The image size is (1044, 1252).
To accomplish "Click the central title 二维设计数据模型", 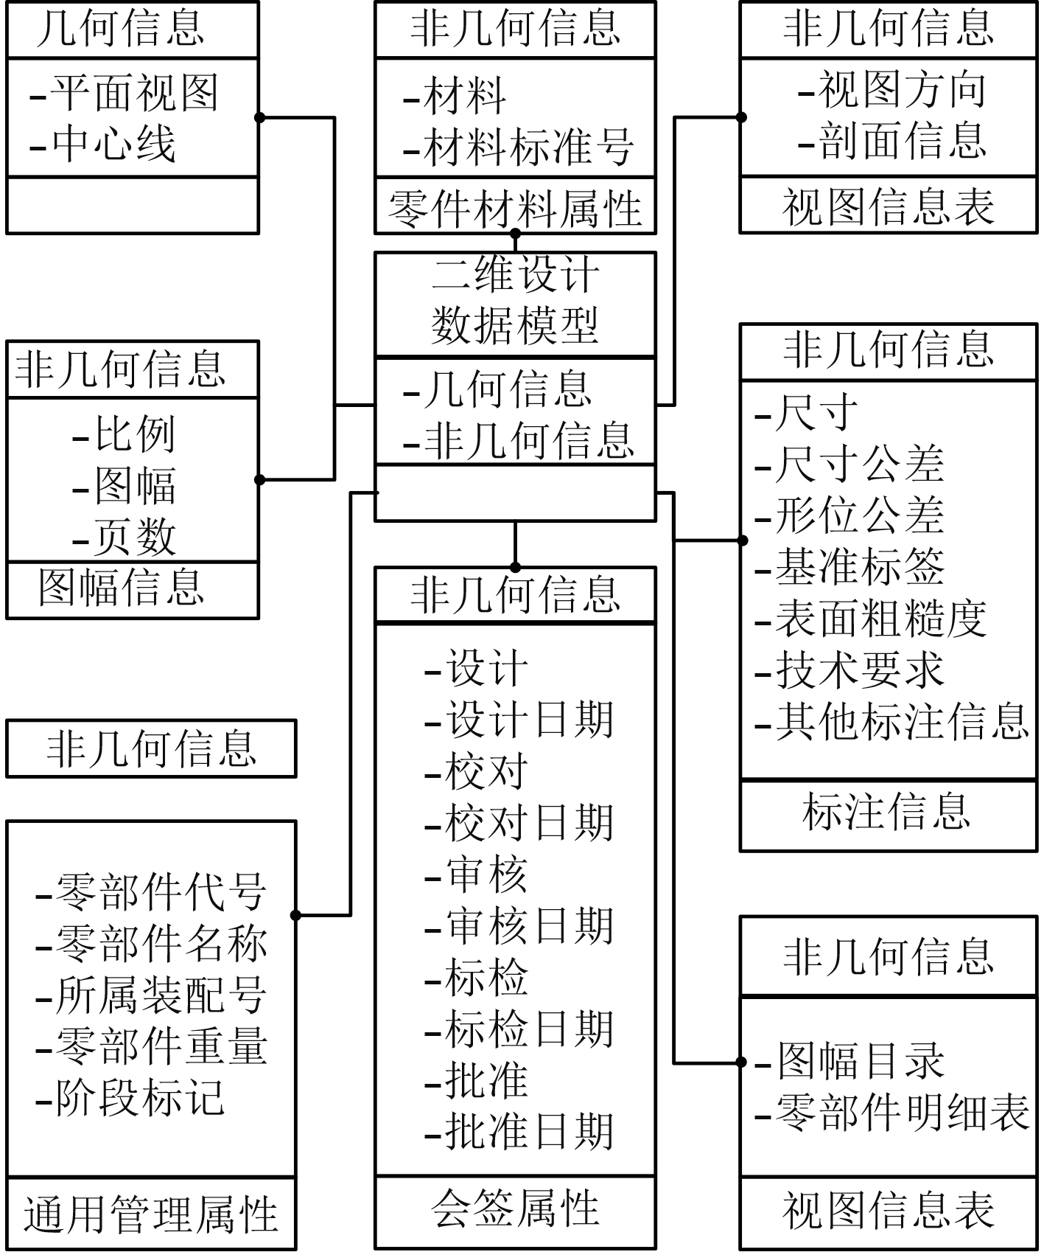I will click(x=514, y=301).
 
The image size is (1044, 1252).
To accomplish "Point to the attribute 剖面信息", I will click(x=901, y=140).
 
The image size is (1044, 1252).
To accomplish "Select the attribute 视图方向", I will click(x=901, y=90).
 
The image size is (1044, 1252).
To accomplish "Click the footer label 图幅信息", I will click(x=122, y=588).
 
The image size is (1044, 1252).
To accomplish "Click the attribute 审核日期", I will click(x=528, y=926).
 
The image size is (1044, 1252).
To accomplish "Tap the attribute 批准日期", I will click(x=528, y=1131).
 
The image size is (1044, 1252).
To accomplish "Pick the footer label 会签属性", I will click(x=514, y=1209).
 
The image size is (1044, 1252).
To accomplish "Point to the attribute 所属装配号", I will click(x=161, y=995).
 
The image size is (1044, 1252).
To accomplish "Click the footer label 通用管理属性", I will click(x=150, y=1215).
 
